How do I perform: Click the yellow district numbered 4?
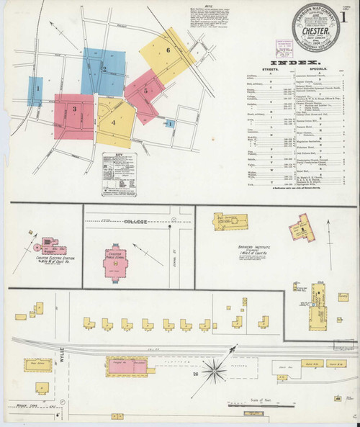114,122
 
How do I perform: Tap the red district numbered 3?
73,109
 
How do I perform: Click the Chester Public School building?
116,265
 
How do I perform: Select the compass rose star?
215,372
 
